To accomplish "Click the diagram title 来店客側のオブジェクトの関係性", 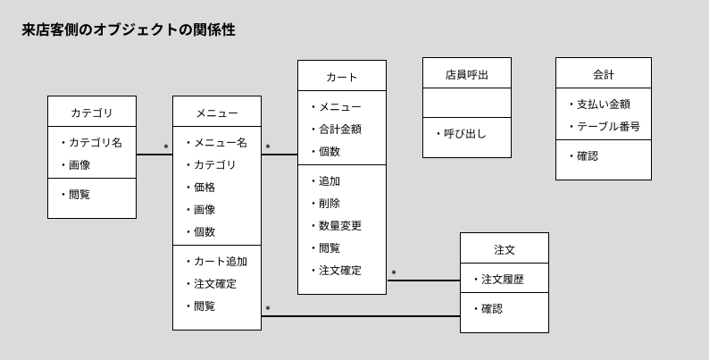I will click(129, 30).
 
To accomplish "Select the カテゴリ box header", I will click(91, 113).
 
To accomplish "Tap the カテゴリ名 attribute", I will click(95, 142).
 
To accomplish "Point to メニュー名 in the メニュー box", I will click(220, 142).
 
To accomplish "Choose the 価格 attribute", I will click(204, 187).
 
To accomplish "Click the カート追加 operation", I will click(220, 261).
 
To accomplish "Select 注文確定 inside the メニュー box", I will click(214, 283).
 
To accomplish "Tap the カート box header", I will click(341, 77).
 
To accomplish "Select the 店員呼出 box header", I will click(466, 74).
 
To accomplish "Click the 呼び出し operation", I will click(464, 133).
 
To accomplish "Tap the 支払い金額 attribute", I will click(603, 104).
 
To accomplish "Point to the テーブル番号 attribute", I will click(608, 126).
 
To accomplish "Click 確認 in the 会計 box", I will click(587, 155).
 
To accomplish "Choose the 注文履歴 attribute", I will click(502, 279).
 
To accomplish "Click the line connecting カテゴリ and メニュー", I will click(154, 155).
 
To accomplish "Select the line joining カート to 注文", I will click(423, 280).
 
